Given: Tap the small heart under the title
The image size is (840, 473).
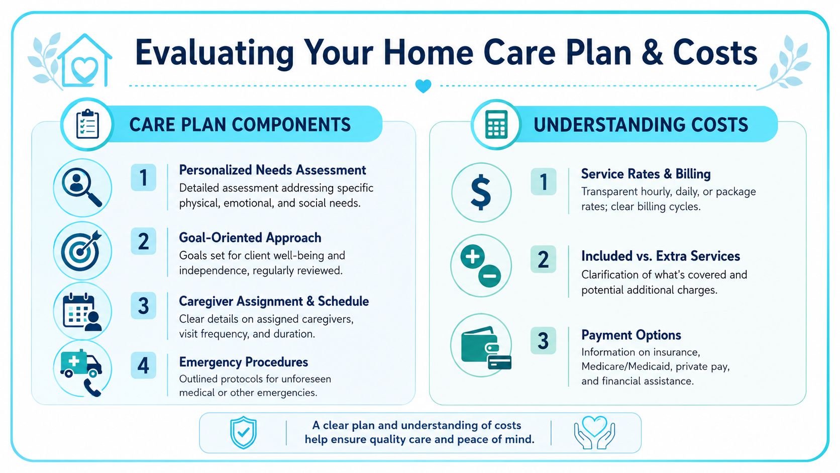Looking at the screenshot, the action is (x=424, y=86).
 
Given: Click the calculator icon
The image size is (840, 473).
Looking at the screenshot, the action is (x=496, y=125).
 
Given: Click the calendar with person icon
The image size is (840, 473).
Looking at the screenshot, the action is (x=82, y=312).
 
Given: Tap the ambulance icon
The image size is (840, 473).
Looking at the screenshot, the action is (x=81, y=364).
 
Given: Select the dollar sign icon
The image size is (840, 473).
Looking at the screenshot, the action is (x=481, y=193).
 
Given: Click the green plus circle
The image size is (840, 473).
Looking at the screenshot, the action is (x=472, y=257).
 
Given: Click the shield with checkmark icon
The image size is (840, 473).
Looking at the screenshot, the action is (x=244, y=432).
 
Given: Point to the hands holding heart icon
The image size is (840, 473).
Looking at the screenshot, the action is (x=595, y=432).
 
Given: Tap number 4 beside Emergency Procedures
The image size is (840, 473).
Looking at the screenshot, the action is (x=143, y=365).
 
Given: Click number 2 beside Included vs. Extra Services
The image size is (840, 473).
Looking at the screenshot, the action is (x=543, y=259).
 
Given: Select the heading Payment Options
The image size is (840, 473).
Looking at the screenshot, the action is (x=631, y=335).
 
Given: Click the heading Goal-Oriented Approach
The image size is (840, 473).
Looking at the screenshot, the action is (x=250, y=238).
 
